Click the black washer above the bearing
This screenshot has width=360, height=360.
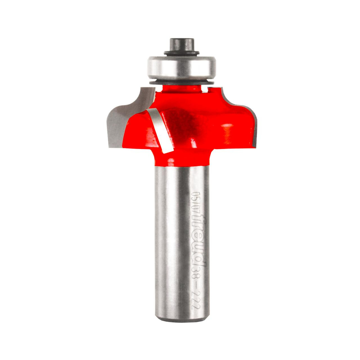point(180,53)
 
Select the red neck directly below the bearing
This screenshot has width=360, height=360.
point(180,90)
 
